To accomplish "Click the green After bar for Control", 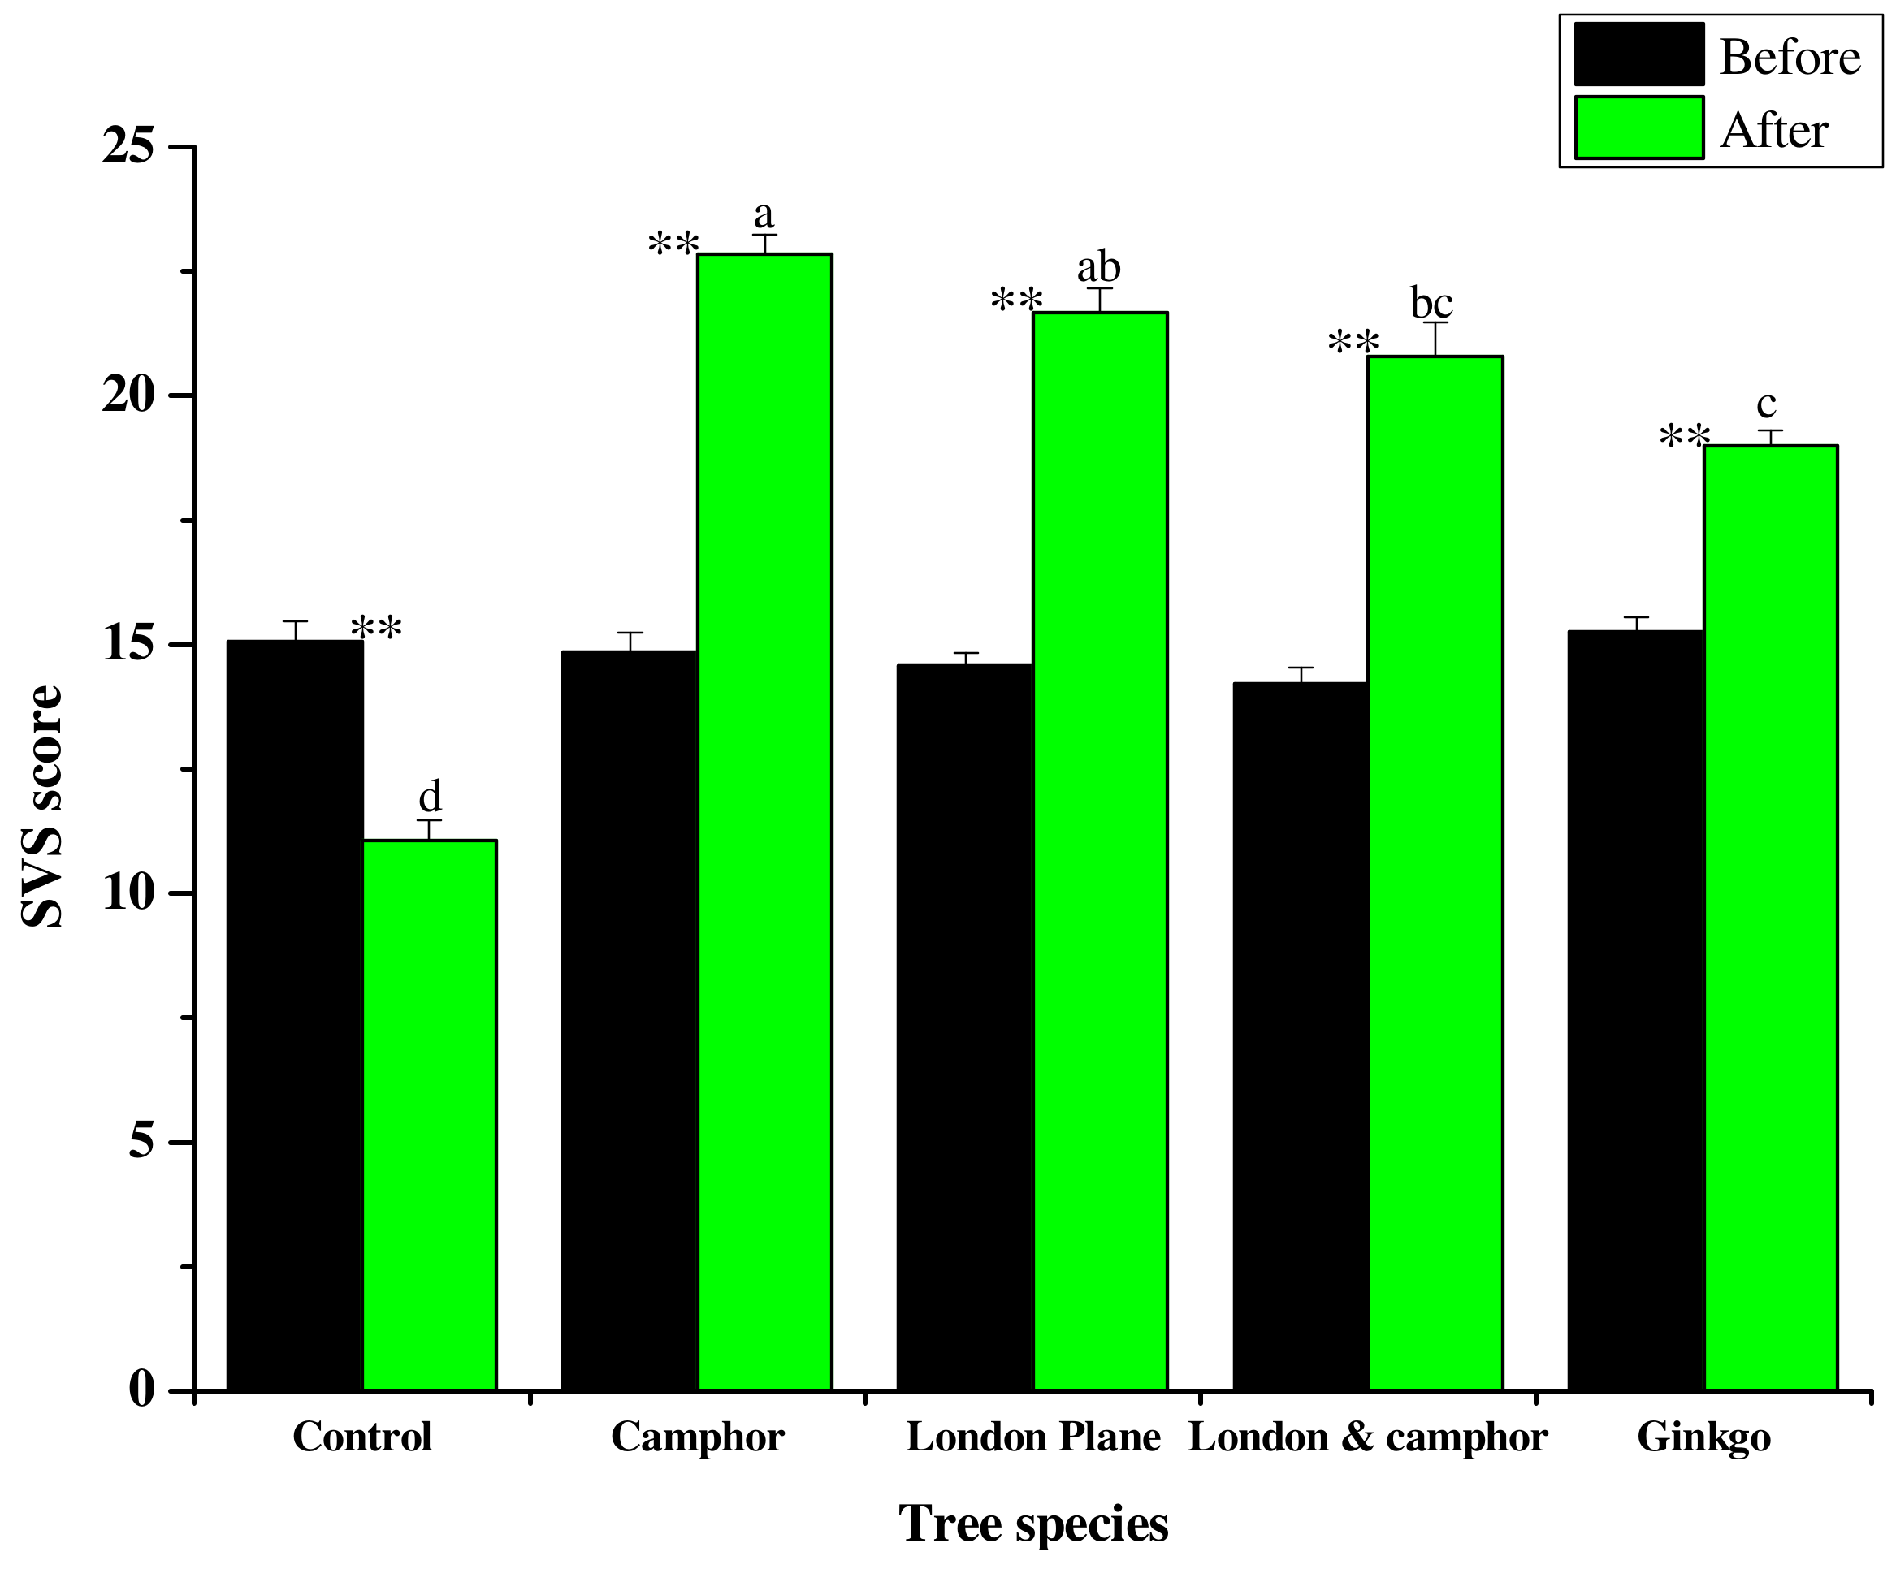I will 430,1115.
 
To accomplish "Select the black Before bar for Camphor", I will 630,1020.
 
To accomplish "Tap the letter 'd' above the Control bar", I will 430,796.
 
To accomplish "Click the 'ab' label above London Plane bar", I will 1099,267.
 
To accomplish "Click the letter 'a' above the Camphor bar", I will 764,215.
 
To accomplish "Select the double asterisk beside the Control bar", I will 376,629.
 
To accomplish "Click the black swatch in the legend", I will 1638,55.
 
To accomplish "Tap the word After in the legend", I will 1774,131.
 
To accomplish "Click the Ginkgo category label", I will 1703,1437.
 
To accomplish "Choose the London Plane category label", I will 1034,1437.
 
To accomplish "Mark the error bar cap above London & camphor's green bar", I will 1435,323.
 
